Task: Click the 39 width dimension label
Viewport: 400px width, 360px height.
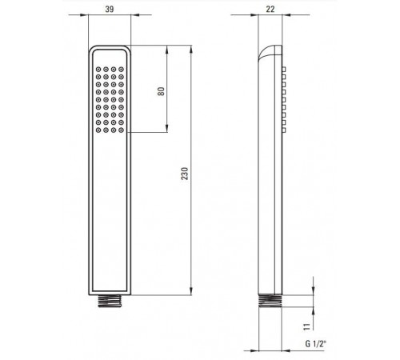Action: [110, 9]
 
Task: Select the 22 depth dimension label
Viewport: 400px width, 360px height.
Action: [270, 9]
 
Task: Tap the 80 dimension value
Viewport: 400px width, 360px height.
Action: [162, 91]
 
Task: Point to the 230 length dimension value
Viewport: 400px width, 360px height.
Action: [185, 174]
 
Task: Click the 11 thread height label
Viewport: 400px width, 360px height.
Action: [307, 326]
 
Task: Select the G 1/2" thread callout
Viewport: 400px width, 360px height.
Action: [316, 344]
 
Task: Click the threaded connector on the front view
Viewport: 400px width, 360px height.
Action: [110, 301]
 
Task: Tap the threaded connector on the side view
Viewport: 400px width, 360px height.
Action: [270, 301]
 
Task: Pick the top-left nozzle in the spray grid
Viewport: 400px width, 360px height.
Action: [98, 70]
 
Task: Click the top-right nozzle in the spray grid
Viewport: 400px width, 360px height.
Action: [122, 70]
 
